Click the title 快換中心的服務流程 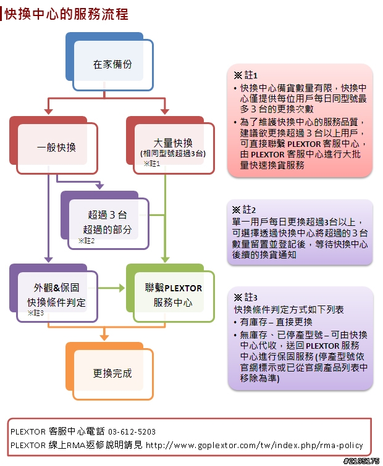[x=66, y=14]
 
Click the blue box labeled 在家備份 [x=109, y=62]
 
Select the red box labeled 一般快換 [x=54, y=145]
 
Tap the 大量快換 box [x=170, y=145]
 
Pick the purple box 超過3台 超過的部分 [x=105, y=220]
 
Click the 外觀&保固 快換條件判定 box [x=54, y=293]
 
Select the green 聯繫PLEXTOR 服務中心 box [x=170, y=293]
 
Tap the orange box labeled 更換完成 [x=109, y=371]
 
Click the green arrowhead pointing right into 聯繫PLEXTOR [x=122, y=288]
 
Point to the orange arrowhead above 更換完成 [x=104, y=338]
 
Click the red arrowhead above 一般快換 [x=48, y=112]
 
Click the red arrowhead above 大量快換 [x=165, y=112]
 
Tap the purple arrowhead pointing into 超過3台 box [x=100, y=186]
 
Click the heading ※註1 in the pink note [x=246, y=75]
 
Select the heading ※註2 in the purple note [x=244, y=210]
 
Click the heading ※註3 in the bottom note [x=246, y=297]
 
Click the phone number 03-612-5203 [x=132, y=431]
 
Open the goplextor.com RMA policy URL [x=255, y=445]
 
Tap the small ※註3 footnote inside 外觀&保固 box [x=36, y=313]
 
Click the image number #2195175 [x=361, y=461]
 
